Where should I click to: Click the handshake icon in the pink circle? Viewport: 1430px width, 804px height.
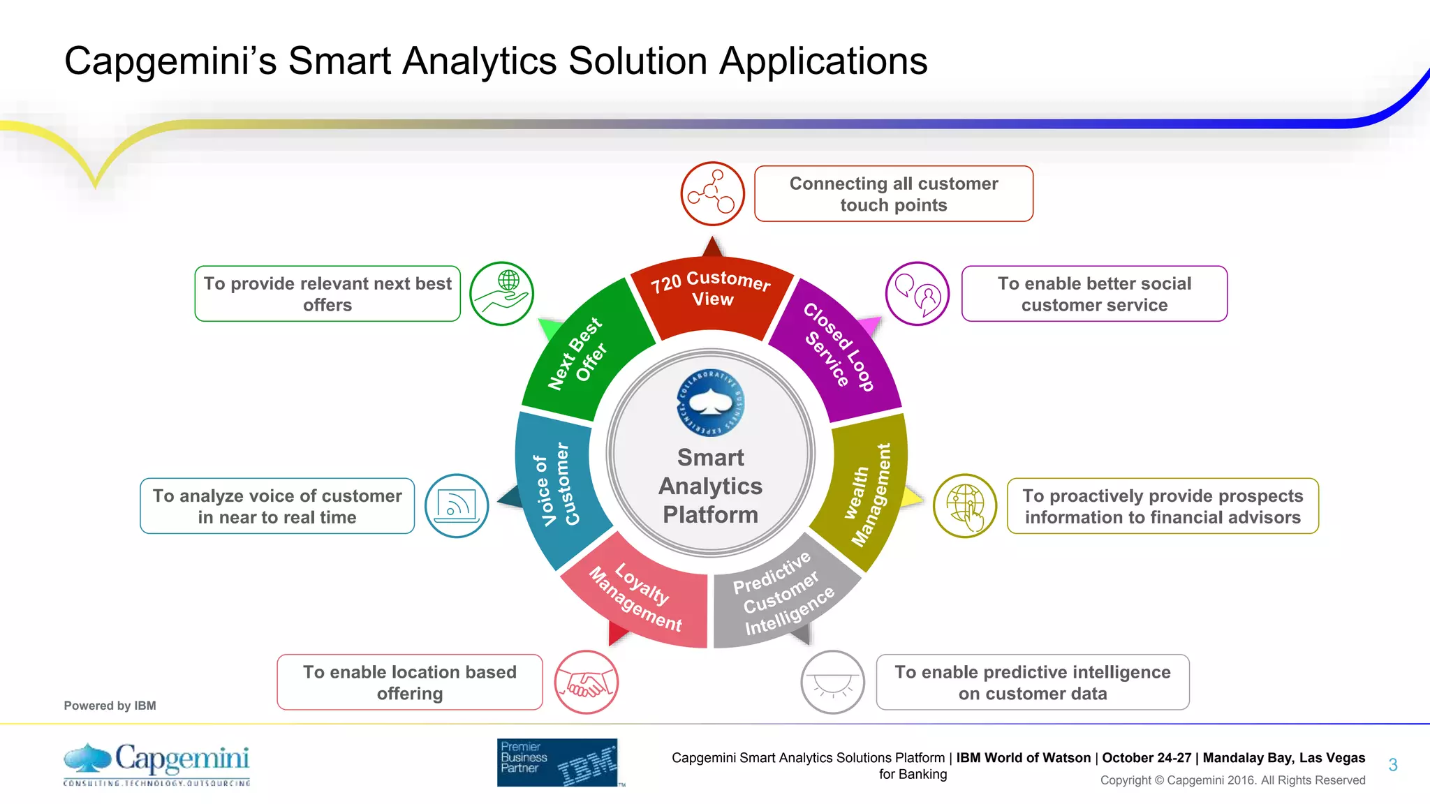tap(587, 683)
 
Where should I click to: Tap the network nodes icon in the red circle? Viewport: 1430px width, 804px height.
tap(712, 193)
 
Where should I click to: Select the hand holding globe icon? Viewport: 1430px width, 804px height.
tap(501, 294)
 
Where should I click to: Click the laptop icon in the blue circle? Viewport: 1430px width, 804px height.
tap(457, 506)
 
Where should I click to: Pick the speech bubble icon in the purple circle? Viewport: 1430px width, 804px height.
tap(917, 294)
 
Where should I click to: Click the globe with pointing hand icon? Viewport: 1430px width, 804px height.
tap(965, 506)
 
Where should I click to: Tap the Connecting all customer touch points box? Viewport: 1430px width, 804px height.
tap(893, 194)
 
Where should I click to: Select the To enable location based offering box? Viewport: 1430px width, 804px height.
tap(410, 683)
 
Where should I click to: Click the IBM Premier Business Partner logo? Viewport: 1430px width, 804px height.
tap(558, 762)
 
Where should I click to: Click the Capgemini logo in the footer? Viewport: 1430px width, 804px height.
tap(156, 764)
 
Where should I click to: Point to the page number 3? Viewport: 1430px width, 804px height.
tap(1392, 765)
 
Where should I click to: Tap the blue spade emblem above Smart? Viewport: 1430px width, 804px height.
tap(711, 403)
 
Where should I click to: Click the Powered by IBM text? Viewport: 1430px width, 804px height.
tap(110, 706)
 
